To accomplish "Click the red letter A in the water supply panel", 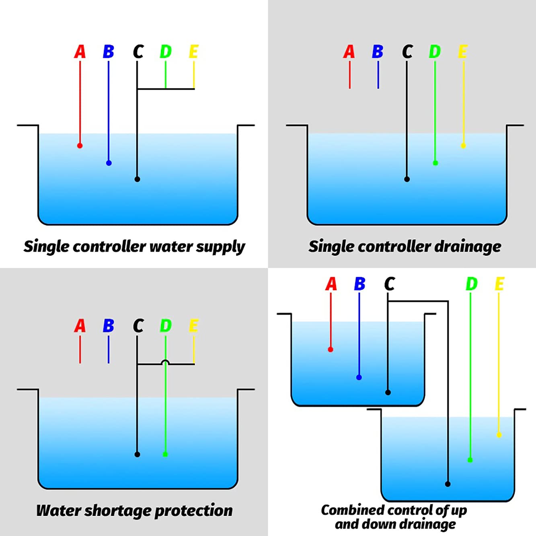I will click(x=80, y=52).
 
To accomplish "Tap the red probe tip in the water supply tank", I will click(x=80, y=146).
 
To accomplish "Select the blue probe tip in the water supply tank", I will click(x=109, y=163).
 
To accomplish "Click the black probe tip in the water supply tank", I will click(x=137, y=179).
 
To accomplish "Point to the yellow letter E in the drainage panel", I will click(x=462, y=52).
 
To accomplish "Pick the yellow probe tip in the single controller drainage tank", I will click(x=463, y=146).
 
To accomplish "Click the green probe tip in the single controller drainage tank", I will click(x=435, y=163).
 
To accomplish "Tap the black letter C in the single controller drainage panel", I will click(x=407, y=52).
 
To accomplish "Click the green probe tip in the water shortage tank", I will click(x=165, y=454).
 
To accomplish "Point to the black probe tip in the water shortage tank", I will click(x=137, y=454).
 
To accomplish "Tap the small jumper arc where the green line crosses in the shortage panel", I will click(x=165, y=362).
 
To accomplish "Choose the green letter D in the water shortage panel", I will click(x=166, y=326).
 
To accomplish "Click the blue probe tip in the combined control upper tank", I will click(x=359, y=377).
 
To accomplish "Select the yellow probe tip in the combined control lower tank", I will click(x=499, y=435).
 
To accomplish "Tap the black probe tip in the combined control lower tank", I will click(x=448, y=484).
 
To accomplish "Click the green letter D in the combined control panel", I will click(x=471, y=284).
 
